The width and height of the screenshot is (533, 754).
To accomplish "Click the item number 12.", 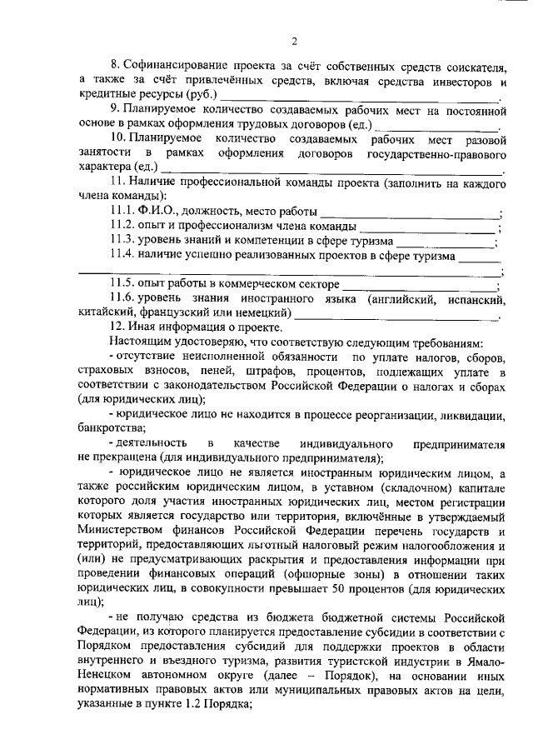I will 117,328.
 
